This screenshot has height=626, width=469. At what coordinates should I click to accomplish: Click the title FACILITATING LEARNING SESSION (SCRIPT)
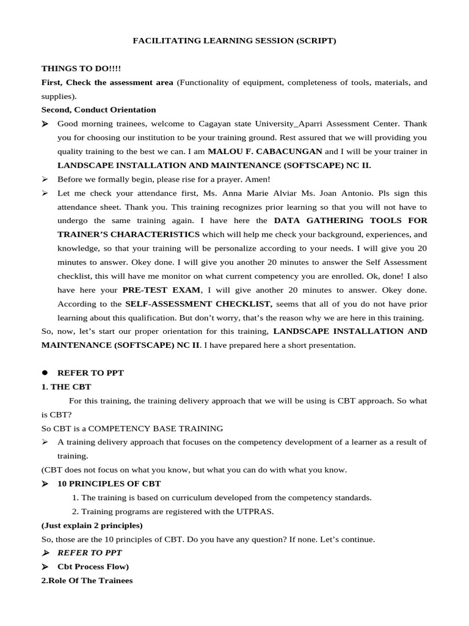(234, 41)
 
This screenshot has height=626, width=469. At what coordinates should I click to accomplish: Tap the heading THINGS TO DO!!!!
(81, 68)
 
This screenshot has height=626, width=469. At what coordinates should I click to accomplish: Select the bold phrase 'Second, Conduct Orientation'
(98, 110)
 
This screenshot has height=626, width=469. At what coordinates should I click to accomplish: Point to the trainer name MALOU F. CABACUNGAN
(265, 151)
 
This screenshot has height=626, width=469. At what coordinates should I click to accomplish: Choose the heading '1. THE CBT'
(66, 386)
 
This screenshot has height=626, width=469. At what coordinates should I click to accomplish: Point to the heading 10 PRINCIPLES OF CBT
(109, 484)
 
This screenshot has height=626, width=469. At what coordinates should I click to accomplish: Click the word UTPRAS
(257, 511)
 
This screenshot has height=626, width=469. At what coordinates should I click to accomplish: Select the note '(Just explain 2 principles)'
(92, 525)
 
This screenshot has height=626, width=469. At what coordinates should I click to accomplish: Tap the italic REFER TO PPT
(89, 553)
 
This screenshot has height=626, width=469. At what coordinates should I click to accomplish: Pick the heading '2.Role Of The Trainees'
(87, 580)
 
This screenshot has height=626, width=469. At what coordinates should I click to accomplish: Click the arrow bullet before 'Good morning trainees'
(45, 123)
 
